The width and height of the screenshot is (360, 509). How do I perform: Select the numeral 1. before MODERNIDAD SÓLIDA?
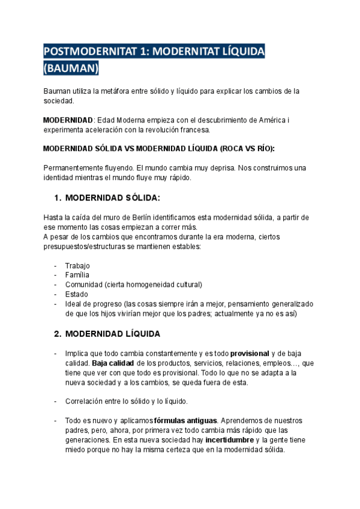click(58, 197)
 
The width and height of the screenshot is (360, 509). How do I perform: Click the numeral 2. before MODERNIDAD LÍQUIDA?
click(58, 333)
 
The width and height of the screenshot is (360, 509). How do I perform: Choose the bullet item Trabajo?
click(77, 265)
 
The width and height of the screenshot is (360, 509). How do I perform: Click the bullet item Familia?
click(77, 275)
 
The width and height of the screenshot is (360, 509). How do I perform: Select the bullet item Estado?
click(76, 294)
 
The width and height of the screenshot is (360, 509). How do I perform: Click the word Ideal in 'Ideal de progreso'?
click(74, 304)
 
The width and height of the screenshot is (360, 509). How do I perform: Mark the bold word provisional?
click(250, 354)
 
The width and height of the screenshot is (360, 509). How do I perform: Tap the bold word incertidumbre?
click(229, 440)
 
